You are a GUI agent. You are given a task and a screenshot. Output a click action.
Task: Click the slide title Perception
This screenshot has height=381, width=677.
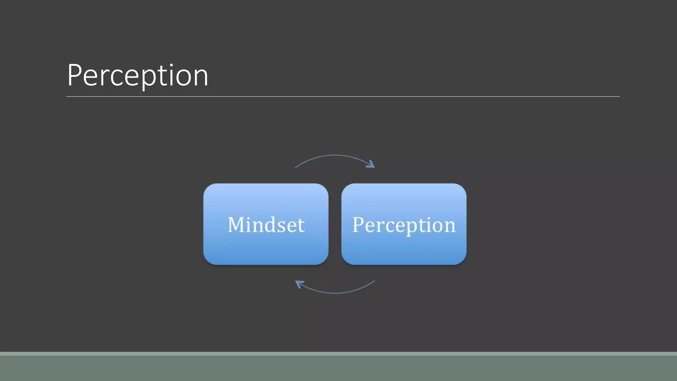tap(138, 75)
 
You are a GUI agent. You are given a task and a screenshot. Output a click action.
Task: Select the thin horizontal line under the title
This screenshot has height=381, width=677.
tap(342, 97)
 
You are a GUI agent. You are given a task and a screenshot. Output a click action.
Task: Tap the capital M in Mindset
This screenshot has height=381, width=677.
tap(237, 225)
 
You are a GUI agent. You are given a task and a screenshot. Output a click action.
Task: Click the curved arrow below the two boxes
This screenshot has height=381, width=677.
tap(335, 293)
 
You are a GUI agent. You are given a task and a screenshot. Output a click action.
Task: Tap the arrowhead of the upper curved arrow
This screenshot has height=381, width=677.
tap(372, 164)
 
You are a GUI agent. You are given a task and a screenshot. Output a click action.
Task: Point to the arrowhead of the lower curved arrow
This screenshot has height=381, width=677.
tap(299, 283)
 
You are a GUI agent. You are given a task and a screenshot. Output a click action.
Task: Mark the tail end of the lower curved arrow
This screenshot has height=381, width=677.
tap(374, 281)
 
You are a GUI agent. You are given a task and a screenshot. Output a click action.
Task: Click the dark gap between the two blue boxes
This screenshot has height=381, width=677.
tap(335, 224)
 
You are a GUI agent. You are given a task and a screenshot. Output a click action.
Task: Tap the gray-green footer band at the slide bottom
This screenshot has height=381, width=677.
tap(338, 368)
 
